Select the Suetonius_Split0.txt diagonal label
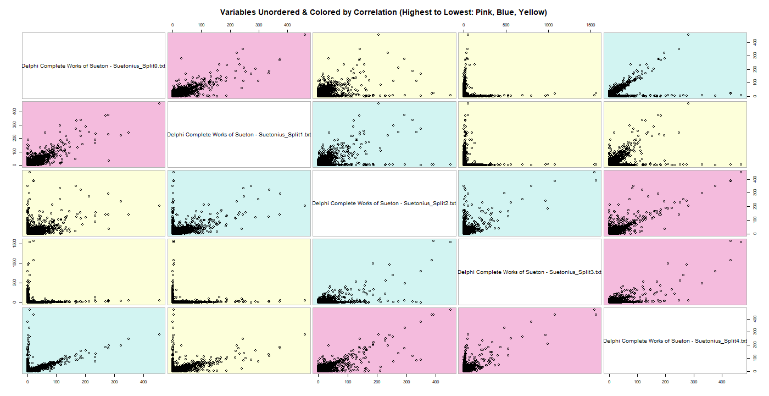[x=93, y=66]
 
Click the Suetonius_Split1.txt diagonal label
[x=239, y=134]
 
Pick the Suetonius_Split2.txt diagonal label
[x=384, y=203]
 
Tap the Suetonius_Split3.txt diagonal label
[x=530, y=272]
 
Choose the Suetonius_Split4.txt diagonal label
[x=675, y=340]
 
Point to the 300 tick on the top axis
[x=259, y=25]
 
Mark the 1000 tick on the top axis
[x=548, y=25]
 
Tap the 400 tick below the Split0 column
[x=143, y=380]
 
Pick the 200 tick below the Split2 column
[x=377, y=380]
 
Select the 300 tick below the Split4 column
[x=693, y=380]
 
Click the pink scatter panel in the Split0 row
[x=239, y=65]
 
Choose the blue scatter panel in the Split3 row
[x=384, y=272]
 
